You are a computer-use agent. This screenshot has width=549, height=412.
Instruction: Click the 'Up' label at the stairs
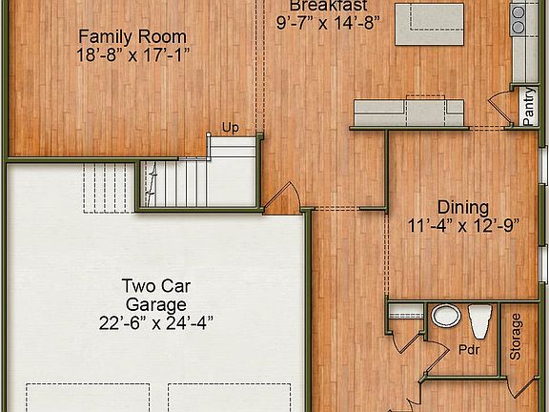click(x=230, y=127)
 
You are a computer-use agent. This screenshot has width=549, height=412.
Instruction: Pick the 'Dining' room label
click(x=462, y=207)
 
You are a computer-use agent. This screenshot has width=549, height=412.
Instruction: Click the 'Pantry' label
click(x=528, y=107)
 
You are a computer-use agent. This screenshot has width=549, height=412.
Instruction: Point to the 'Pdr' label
click(x=467, y=350)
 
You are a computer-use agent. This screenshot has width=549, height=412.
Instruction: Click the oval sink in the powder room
click(x=445, y=316)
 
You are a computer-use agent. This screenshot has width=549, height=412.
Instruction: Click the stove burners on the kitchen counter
click(x=519, y=16)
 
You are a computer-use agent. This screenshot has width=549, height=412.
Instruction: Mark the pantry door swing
click(x=497, y=113)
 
